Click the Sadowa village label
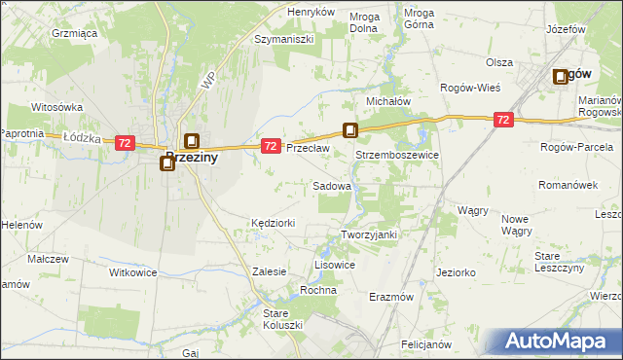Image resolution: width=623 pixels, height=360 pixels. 332,185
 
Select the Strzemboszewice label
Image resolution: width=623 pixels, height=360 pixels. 397,155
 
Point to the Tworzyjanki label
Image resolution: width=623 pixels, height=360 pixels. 370,234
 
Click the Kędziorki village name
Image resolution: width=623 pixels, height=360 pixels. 273,223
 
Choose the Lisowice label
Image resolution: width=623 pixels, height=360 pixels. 335,265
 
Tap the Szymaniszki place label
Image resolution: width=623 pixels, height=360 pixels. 282,40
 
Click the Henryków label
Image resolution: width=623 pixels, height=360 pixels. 311,12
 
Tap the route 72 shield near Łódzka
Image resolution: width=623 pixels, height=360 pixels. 124,143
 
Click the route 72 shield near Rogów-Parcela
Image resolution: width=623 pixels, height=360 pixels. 503,120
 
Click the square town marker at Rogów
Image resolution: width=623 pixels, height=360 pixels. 562,77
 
